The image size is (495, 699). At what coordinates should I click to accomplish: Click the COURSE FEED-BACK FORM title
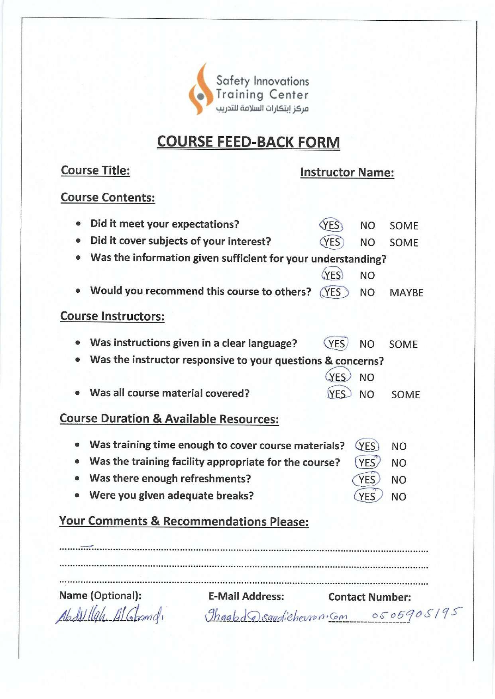(x=248, y=142)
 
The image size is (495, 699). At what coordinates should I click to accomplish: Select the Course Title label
(x=95, y=170)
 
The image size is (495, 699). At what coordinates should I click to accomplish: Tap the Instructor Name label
(x=347, y=172)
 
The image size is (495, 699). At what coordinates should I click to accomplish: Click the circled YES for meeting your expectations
(x=331, y=225)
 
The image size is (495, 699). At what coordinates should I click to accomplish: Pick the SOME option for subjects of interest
(x=404, y=243)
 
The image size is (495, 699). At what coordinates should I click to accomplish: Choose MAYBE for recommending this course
(x=406, y=293)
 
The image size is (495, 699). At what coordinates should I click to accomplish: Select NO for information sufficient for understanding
(x=367, y=276)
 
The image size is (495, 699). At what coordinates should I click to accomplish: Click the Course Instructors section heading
(x=112, y=316)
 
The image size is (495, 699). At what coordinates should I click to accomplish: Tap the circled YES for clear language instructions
(x=336, y=344)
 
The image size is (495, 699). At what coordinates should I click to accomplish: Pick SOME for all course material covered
(x=405, y=395)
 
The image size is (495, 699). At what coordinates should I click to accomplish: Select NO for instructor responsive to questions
(x=367, y=378)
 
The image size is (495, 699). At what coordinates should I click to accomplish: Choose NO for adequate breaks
(x=399, y=497)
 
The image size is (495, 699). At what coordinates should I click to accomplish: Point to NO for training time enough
(x=399, y=446)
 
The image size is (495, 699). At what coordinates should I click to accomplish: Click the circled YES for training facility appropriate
(x=367, y=463)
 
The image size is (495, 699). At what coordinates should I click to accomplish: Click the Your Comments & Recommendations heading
(x=184, y=521)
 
